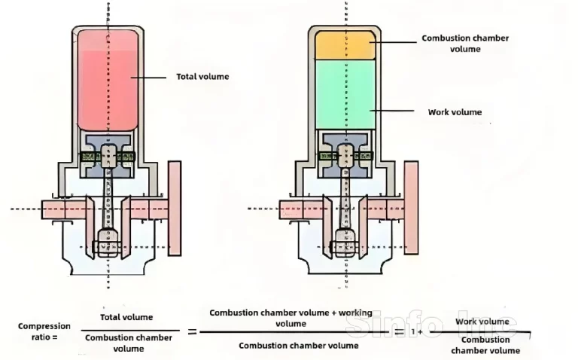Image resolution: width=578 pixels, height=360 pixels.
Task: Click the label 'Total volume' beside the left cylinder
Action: click(x=202, y=76)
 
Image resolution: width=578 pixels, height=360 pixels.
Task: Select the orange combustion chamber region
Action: click(x=344, y=44)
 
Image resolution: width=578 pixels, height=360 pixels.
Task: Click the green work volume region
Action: click(x=344, y=93)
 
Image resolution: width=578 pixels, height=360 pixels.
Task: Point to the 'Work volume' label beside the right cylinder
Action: click(x=455, y=112)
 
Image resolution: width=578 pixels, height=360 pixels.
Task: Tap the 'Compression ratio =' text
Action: click(x=44, y=331)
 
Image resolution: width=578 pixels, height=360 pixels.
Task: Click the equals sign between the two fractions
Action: click(x=191, y=331)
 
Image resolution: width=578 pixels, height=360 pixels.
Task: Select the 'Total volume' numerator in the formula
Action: click(x=126, y=318)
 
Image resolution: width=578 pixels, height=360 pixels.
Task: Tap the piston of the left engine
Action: click(x=108, y=154)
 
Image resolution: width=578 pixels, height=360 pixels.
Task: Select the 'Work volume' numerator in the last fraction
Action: click(x=485, y=322)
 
